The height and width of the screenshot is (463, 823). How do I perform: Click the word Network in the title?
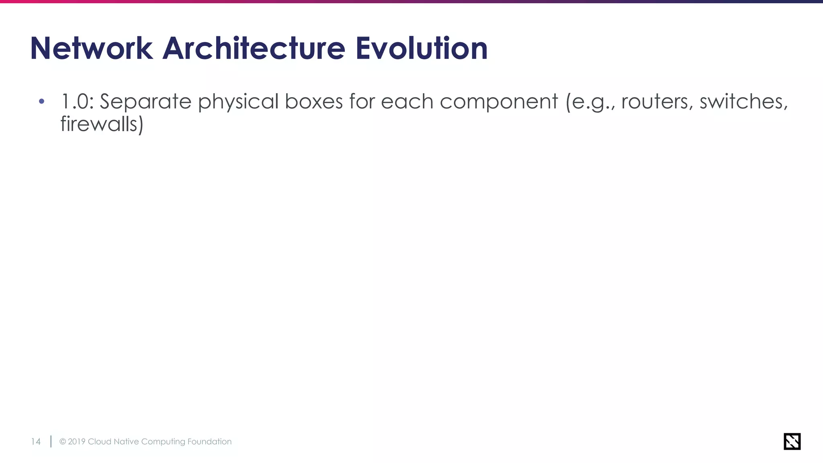click(x=91, y=49)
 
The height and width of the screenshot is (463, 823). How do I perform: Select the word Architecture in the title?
click(x=254, y=49)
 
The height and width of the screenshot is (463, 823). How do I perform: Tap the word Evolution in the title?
click(x=422, y=49)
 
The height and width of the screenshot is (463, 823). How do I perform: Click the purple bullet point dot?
click(x=41, y=101)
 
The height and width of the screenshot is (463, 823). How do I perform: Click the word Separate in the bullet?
click(x=145, y=101)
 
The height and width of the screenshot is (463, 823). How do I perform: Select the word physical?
click(x=238, y=102)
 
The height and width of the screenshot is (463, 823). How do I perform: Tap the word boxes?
click(x=313, y=101)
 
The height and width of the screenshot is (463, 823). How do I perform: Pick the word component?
click(x=499, y=102)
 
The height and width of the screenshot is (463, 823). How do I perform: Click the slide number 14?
click(x=36, y=442)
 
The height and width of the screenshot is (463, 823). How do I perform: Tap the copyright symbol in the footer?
click(x=63, y=442)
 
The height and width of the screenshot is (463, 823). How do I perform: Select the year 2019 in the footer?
click(x=76, y=442)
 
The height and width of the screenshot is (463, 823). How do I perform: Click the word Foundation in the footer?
click(x=209, y=442)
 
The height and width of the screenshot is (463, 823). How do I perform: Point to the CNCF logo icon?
click(x=792, y=441)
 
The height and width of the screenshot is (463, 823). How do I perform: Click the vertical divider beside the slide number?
click(x=51, y=441)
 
